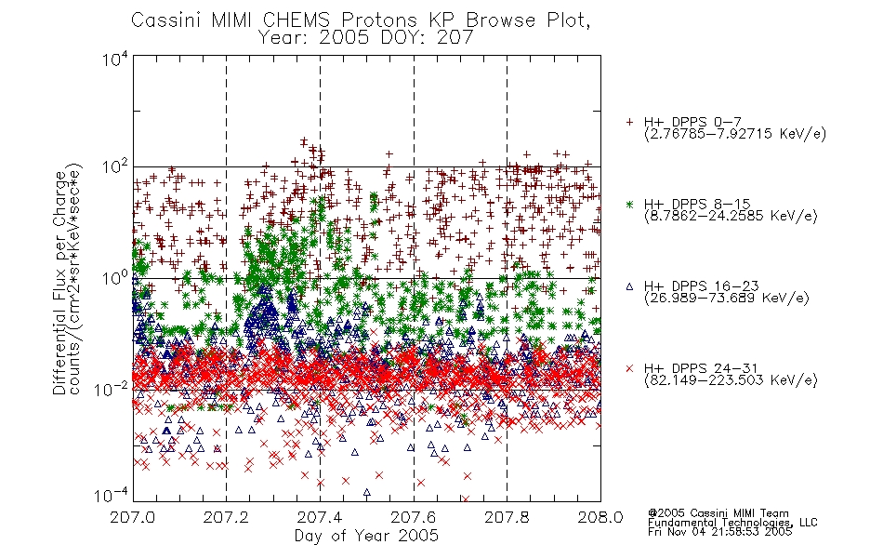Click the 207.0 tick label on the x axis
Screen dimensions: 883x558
click(x=133, y=517)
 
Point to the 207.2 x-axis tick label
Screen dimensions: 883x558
click(x=226, y=517)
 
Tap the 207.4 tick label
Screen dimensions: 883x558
click(x=320, y=517)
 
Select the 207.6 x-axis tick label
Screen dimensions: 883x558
click(x=414, y=517)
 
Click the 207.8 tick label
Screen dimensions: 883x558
click(x=507, y=517)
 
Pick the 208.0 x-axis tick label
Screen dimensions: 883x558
click(x=600, y=517)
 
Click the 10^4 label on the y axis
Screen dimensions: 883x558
click(x=115, y=59)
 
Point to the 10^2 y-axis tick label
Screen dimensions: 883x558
click(x=115, y=167)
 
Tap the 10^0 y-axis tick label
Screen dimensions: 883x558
click(x=115, y=278)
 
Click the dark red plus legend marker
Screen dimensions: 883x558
click(x=629, y=122)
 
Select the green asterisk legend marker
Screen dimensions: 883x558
click(x=629, y=205)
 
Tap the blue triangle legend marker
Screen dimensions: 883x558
click(x=629, y=286)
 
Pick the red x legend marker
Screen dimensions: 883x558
click(x=629, y=368)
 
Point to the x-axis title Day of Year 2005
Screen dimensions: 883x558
click(x=366, y=536)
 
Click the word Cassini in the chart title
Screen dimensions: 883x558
click(x=167, y=20)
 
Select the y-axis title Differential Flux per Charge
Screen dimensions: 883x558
click(x=59, y=283)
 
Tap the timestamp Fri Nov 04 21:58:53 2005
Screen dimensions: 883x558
click(x=719, y=532)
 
